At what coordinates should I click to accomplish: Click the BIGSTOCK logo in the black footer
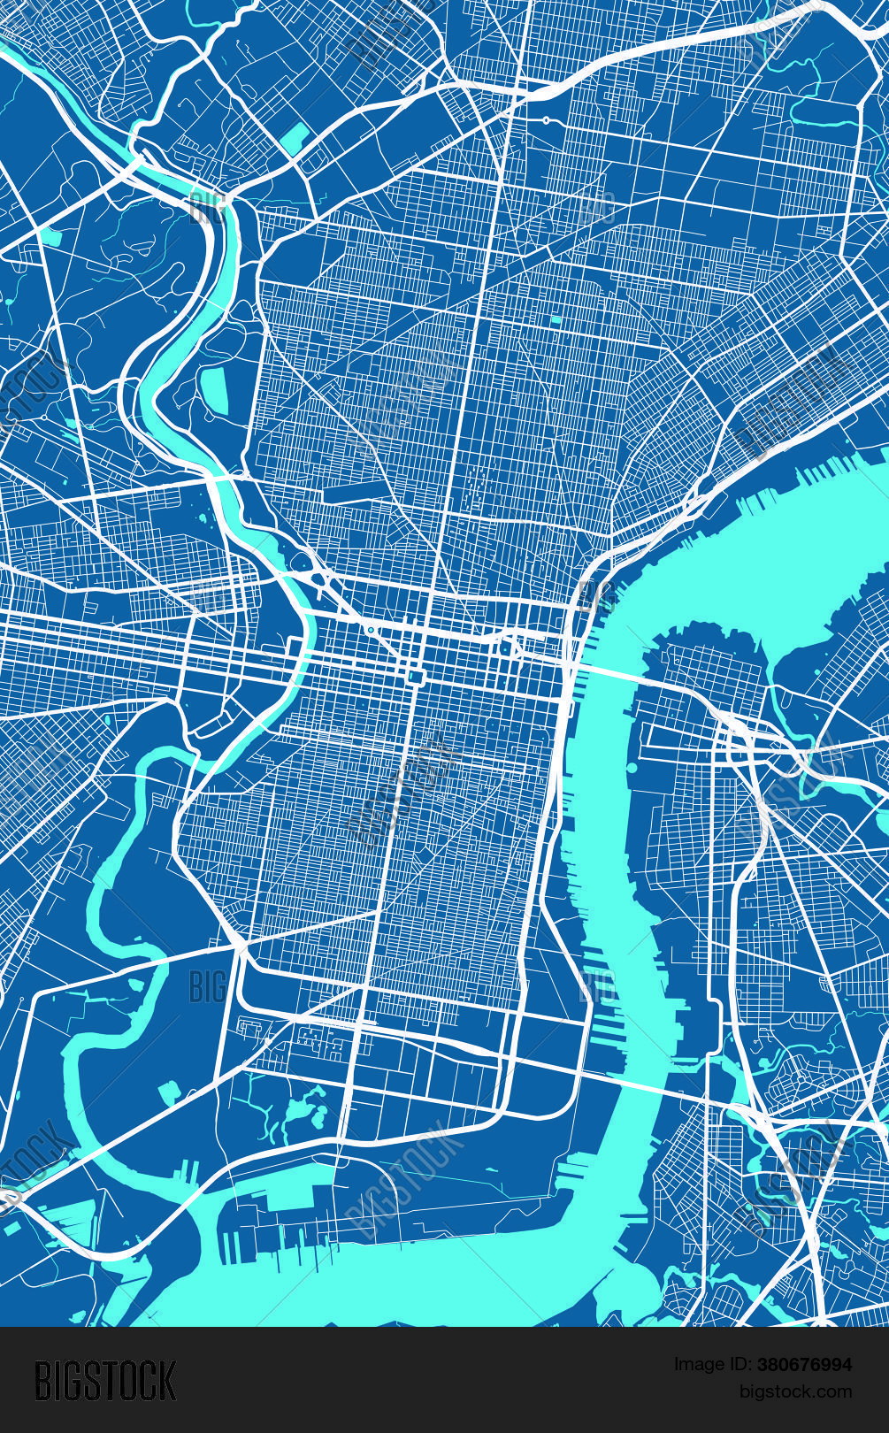point(105,1380)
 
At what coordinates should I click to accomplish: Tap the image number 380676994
point(803,1365)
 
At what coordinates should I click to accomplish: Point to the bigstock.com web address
point(795,1391)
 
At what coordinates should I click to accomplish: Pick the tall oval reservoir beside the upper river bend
point(213,390)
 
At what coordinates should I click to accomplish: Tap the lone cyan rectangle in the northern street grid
point(556,319)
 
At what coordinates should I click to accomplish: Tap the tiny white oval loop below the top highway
point(547,120)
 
